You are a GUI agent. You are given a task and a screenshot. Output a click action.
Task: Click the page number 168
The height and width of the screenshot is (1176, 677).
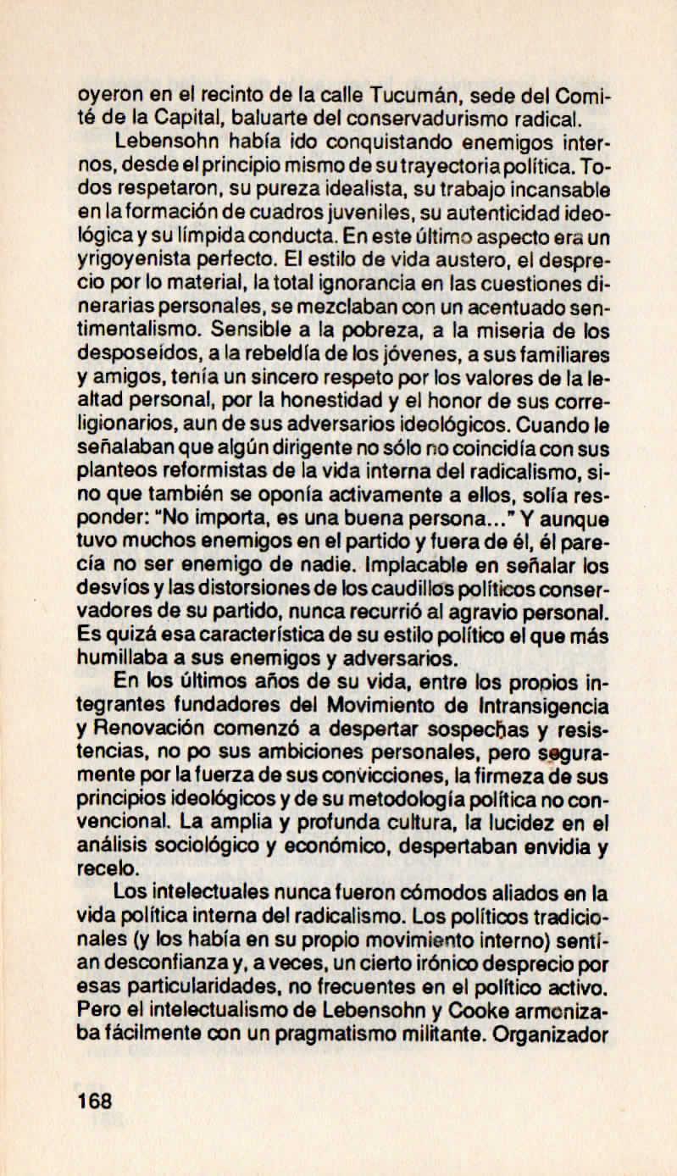point(94,1102)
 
